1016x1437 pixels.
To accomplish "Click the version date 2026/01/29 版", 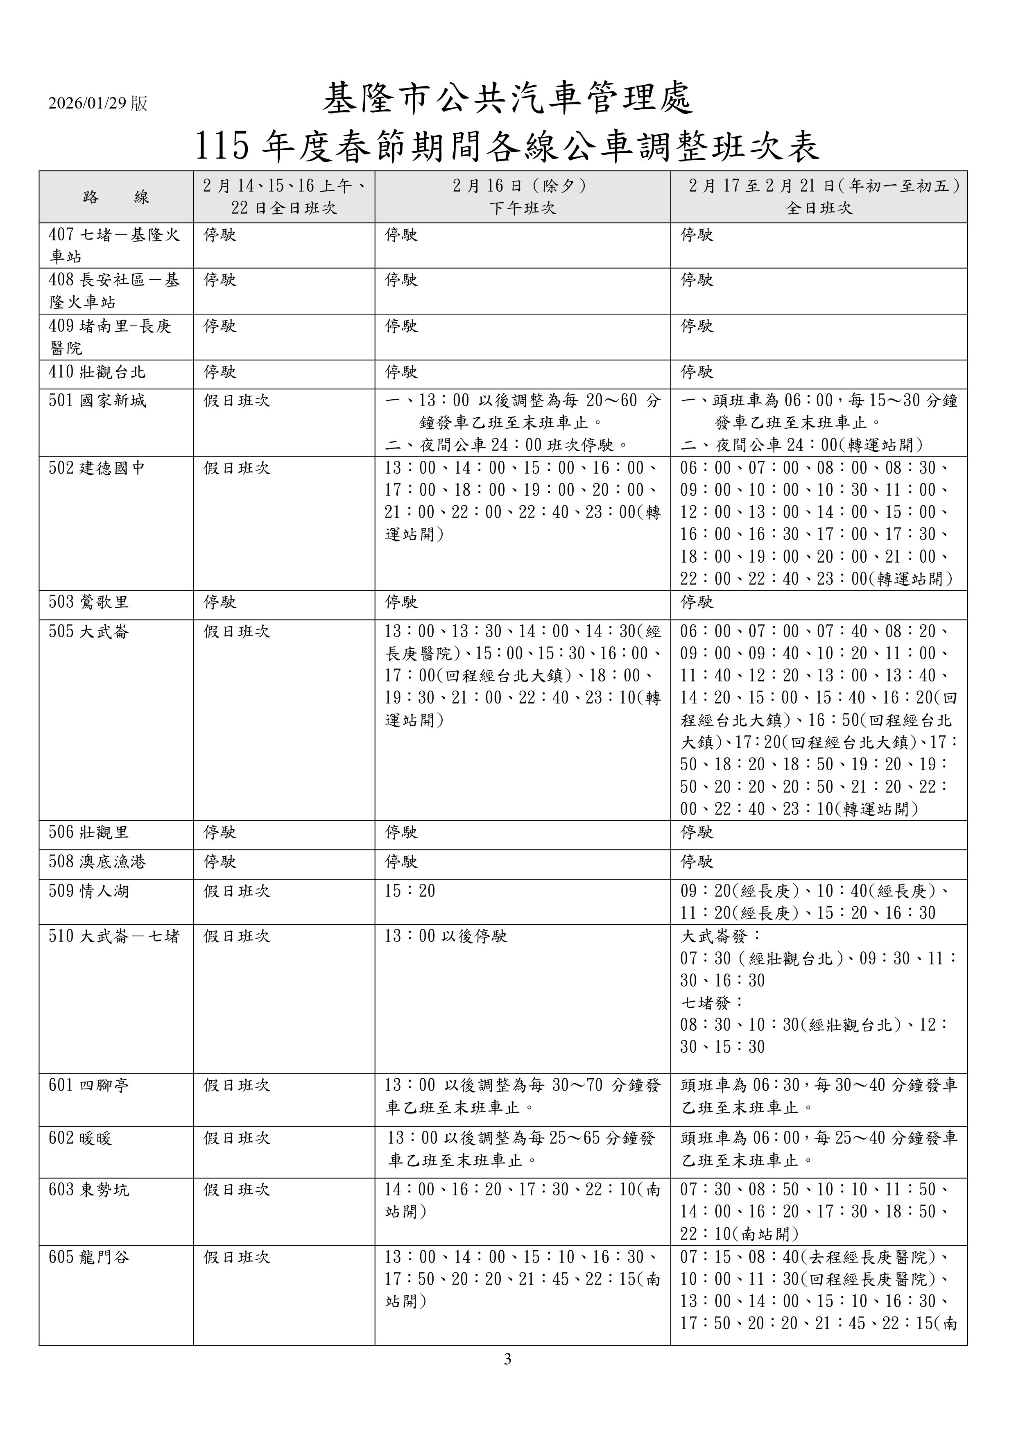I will point(98,103).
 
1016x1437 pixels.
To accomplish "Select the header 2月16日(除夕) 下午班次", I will point(522,197).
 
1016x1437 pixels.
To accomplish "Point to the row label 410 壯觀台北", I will point(97,373).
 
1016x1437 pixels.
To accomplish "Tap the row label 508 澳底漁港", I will point(97,862).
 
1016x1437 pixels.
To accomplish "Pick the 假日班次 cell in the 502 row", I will point(237,469).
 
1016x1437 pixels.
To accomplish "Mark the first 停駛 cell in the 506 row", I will point(220,833).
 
